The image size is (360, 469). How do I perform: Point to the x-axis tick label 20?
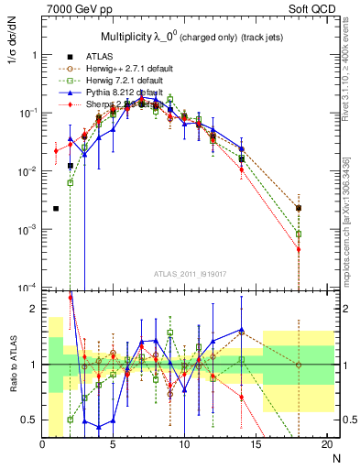tap(327, 445)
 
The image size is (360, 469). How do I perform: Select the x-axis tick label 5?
tap(114, 445)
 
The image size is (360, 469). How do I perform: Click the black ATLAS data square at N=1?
tap(57, 209)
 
